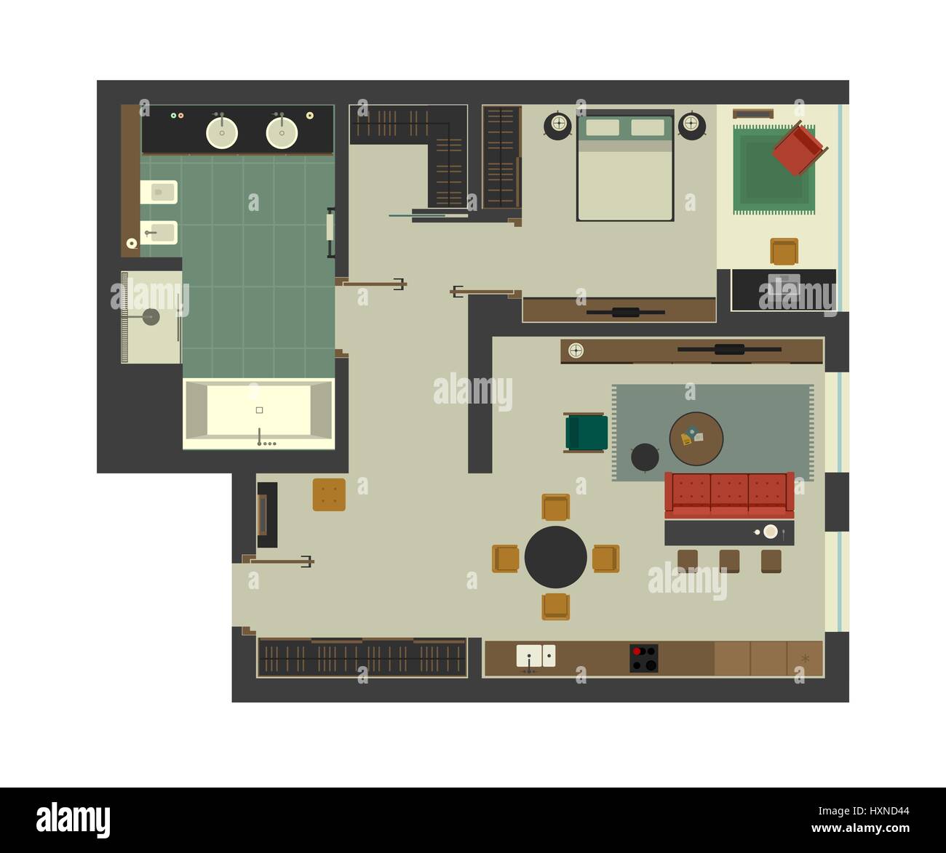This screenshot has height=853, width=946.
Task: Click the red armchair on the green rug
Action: (800, 148)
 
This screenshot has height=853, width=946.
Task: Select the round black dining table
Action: (555, 557)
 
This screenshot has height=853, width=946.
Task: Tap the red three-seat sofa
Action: (730, 495)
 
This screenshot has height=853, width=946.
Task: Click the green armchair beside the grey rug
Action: (586, 433)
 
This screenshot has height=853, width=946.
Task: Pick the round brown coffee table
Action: (696, 438)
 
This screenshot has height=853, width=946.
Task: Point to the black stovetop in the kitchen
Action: (644, 658)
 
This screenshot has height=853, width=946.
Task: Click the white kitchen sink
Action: (536, 656)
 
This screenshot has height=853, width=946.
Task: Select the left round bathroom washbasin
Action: (222, 133)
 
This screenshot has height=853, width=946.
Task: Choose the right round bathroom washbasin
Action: (282, 133)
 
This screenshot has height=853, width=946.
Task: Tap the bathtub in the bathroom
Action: (259, 414)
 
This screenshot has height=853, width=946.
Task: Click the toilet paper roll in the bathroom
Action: (132, 243)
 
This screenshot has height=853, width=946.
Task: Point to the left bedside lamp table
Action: (558, 125)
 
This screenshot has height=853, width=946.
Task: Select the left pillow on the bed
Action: (603, 127)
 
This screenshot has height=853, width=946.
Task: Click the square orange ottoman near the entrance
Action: (329, 494)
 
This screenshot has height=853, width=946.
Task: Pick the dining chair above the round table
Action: (555, 507)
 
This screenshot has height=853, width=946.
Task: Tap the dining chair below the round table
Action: (555, 606)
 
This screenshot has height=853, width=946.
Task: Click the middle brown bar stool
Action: (729, 561)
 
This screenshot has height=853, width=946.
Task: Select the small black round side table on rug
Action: (645, 457)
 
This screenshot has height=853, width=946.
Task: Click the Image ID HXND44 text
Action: (864, 811)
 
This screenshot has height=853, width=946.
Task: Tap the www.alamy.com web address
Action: (861, 828)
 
